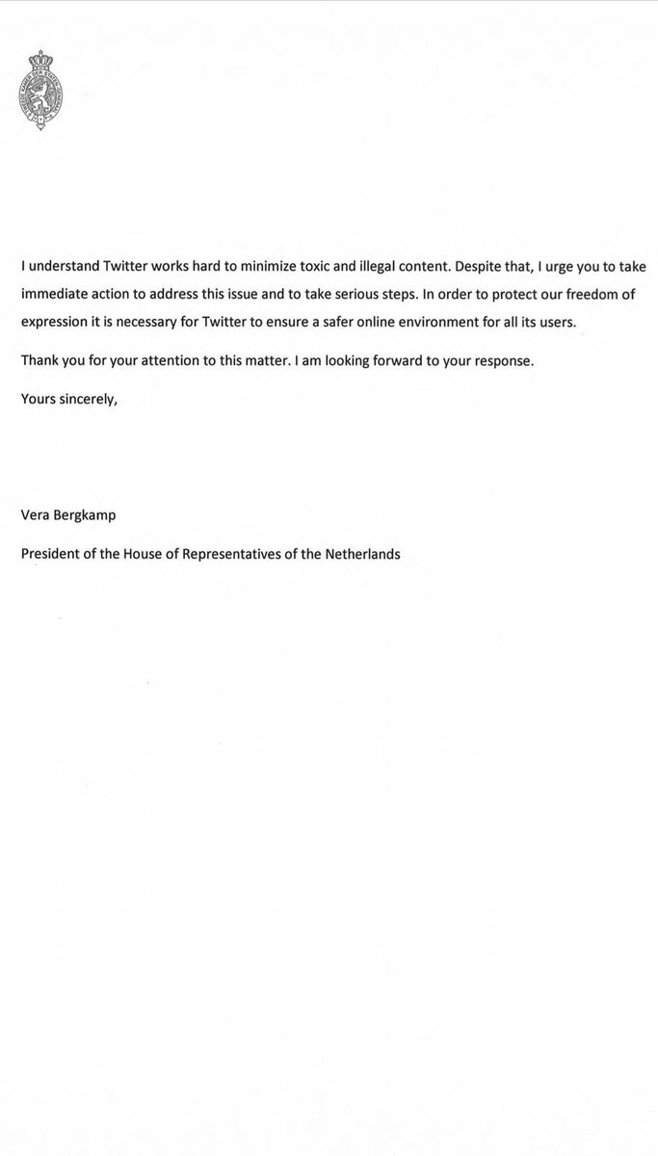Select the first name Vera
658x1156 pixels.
click(x=37, y=515)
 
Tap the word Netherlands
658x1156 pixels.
click(x=358, y=554)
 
